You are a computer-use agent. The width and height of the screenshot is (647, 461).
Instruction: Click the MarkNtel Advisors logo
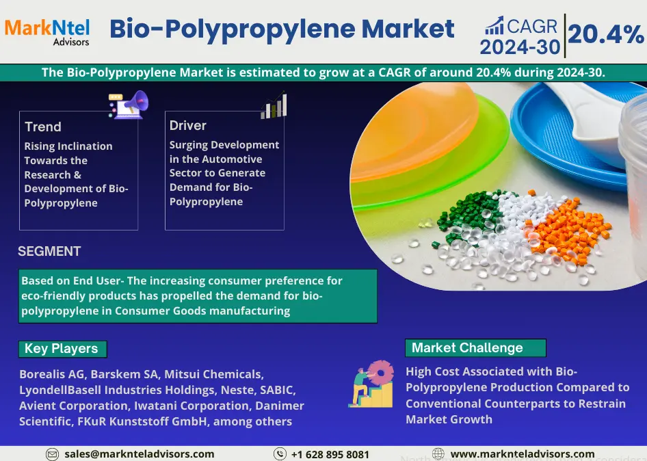[x=47, y=31]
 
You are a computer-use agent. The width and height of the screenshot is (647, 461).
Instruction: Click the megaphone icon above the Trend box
[x=129, y=105]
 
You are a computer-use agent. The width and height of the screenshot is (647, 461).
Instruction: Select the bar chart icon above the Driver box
[x=274, y=105]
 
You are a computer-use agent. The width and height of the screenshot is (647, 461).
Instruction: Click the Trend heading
[x=43, y=127]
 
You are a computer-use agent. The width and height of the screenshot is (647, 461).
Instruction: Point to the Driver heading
[x=188, y=125]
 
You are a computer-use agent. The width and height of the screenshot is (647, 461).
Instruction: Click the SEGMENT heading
[x=49, y=251]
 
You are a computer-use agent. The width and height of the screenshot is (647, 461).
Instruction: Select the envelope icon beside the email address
[x=52, y=454]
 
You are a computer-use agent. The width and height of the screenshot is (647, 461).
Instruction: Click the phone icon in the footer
[x=280, y=454]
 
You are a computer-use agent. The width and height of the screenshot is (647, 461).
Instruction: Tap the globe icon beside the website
[x=438, y=454]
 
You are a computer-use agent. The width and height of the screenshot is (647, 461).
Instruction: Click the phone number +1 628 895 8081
[x=330, y=454]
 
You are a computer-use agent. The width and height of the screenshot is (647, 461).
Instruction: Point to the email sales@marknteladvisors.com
[x=140, y=454]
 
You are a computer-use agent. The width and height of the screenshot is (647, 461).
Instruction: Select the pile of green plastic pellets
[x=468, y=215]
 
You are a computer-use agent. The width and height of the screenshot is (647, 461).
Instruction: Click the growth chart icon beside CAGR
[x=494, y=25]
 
